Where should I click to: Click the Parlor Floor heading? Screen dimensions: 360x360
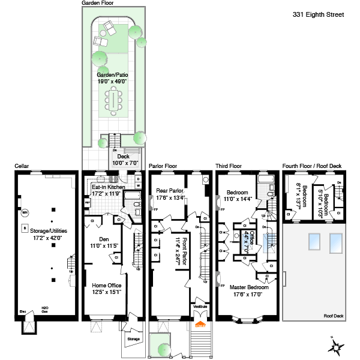pyautogui.click(x=163, y=166)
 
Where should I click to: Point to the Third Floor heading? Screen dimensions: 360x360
pyautogui.click(x=229, y=166)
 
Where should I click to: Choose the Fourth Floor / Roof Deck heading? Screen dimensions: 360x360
pyautogui.click(x=312, y=166)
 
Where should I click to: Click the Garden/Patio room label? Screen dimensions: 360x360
pyautogui.click(x=113, y=77)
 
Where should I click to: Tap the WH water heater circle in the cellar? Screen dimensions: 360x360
pyautogui.click(x=25, y=212)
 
